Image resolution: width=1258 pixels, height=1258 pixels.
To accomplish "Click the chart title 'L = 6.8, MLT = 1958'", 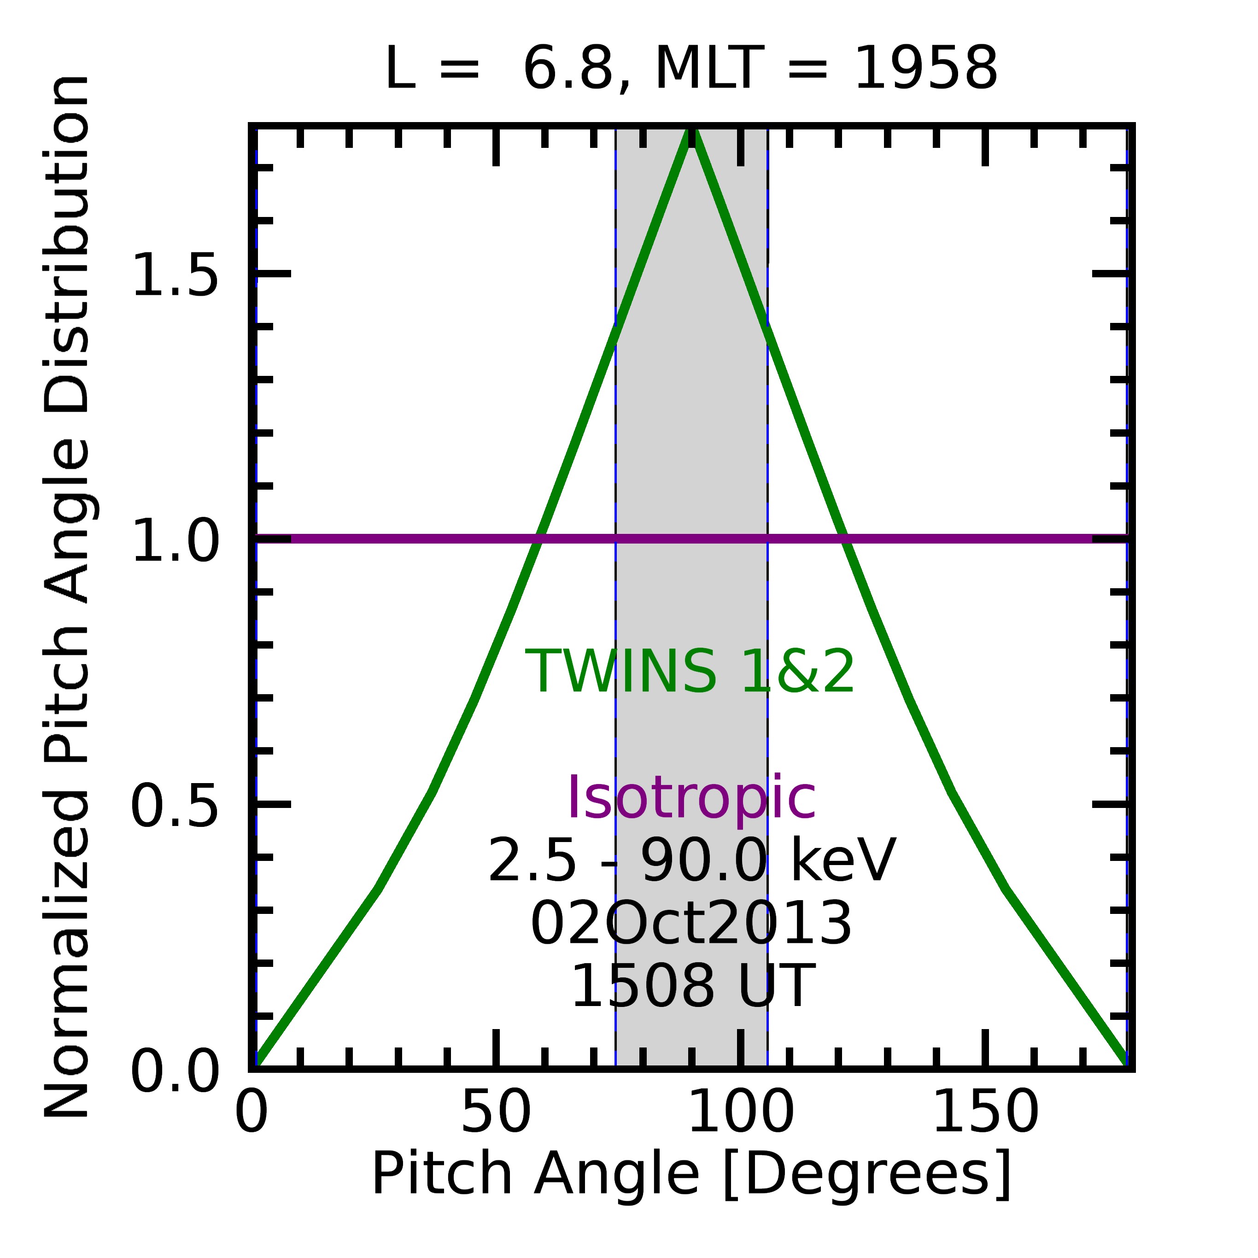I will (x=691, y=69).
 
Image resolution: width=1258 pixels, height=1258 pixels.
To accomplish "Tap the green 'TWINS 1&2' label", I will (x=690, y=673).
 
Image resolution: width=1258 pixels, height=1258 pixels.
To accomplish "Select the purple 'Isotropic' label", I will (x=691, y=798).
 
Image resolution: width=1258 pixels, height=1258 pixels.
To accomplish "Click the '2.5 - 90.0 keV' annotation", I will (x=691, y=861).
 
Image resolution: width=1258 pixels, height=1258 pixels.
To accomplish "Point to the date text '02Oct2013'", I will (x=691, y=924).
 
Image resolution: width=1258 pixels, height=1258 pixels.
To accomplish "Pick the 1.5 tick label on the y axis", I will (x=175, y=276).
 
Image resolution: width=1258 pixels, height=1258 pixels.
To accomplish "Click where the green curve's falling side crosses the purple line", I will (x=845, y=538).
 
